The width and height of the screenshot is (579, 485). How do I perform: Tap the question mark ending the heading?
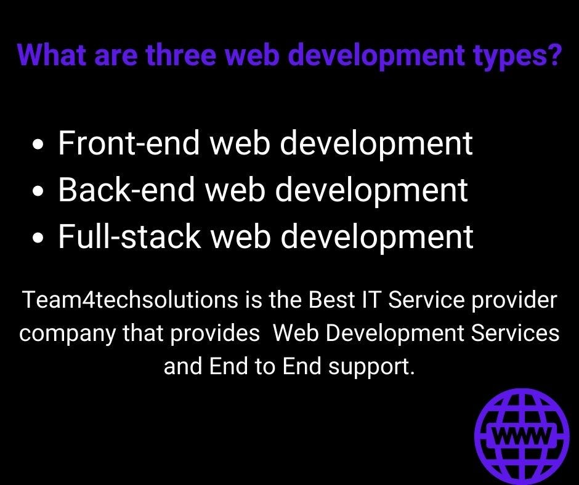click(553, 55)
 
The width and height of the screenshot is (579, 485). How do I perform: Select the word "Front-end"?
click(129, 143)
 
